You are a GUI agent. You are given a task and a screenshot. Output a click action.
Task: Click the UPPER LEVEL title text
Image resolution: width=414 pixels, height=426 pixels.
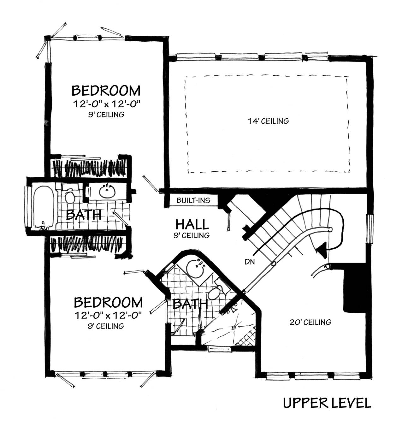pos(327,403)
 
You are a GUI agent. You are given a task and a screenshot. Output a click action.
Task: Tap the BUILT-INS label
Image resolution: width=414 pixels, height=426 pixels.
pos(193,200)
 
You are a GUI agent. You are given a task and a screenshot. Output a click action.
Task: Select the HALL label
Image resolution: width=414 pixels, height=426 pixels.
pos(192,224)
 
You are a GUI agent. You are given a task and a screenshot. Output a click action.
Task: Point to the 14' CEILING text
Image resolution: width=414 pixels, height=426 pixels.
pos(268,121)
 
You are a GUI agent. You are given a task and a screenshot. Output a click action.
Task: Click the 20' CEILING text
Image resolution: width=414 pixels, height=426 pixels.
pos(310,322)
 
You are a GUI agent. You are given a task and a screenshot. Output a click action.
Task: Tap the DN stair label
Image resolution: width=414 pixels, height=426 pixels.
pos(249,262)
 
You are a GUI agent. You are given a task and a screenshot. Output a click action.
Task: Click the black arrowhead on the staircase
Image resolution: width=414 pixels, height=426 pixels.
pos(322,249)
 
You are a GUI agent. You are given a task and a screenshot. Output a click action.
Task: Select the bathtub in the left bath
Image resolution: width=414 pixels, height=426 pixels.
pos(43,207)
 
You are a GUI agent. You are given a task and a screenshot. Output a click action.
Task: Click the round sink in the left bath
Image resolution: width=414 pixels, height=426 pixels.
pos(107,191)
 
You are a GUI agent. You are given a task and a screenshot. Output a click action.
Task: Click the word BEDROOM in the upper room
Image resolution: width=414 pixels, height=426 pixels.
pos(106,91)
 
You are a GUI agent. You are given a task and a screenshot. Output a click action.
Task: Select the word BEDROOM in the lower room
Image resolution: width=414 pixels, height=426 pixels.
pos(108,303)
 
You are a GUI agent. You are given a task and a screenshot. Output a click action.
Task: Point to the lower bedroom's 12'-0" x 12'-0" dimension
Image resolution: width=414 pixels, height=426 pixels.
pos(108,315)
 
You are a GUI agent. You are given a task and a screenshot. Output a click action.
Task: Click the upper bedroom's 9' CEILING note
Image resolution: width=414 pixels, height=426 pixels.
pos(106,115)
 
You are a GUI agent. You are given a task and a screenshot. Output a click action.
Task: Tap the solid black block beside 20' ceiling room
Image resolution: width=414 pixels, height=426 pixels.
pos(353,290)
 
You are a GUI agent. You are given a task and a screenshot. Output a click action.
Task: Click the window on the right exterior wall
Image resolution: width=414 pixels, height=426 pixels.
pos(370,229)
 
